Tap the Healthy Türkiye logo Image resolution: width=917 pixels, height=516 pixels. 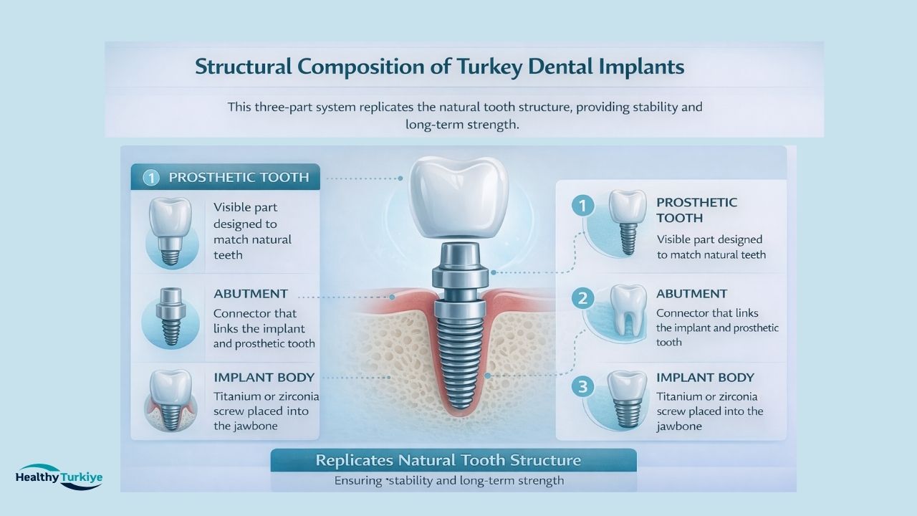(x=59, y=477)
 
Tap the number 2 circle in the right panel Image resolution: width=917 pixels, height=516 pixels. (x=583, y=299)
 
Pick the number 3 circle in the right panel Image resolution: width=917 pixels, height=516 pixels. (x=583, y=387)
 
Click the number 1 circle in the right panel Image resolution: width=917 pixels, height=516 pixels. (x=583, y=206)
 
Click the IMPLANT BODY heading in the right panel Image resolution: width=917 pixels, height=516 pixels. (x=705, y=378)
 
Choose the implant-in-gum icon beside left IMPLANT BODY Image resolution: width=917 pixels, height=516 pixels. (x=169, y=401)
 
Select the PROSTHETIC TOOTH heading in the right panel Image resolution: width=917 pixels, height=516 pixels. (x=696, y=210)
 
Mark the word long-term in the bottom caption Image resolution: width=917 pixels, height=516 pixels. (x=480, y=480)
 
